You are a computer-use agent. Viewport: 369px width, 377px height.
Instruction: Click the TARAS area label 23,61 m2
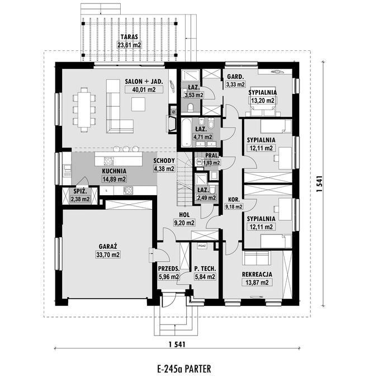click(129, 45)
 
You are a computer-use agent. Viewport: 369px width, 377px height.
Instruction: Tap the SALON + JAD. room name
click(144, 82)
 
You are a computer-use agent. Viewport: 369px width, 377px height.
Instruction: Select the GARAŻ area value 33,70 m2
click(108, 255)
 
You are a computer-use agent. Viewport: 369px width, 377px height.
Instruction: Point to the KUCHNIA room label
click(114, 171)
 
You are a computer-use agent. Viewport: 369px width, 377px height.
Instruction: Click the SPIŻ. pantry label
click(79, 192)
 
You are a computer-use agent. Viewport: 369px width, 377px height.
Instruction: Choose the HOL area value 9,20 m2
click(184, 223)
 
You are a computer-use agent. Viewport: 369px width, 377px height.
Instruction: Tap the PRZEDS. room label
click(169, 269)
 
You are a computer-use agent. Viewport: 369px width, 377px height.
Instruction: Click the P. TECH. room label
click(205, 269)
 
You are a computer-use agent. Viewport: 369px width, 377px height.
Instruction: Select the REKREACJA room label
click(257, 274)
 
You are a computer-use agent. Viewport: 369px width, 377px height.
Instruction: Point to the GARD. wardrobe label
click(235, 77)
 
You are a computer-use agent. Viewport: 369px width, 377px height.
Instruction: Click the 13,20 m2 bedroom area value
click(263, 101)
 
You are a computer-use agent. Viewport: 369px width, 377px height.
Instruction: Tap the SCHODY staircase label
click(164, 161)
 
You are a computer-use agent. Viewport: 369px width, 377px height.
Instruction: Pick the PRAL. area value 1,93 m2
click(211, 163)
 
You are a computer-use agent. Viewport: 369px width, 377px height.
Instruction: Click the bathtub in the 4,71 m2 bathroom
click(186, 133)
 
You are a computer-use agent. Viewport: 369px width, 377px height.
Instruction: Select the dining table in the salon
click(84, 110)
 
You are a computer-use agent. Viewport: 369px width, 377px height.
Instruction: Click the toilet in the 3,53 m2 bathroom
click(191, 108)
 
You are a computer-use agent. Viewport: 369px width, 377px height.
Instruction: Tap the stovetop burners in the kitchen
click(128, 190)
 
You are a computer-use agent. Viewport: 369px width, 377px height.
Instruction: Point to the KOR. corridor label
click(234, 200)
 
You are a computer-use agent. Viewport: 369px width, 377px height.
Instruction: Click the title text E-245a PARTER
click(184, 369)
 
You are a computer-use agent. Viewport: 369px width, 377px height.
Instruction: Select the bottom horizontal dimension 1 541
click(177, 345)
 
